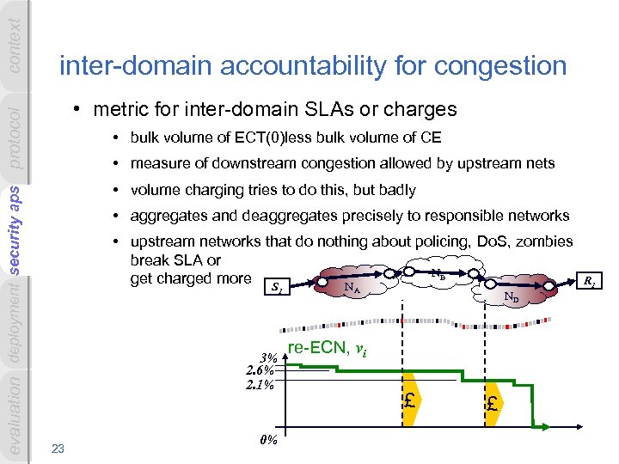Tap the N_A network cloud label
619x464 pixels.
[352, 287]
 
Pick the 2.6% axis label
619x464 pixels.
[261, 371]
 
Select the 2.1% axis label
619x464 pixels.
[261, 384]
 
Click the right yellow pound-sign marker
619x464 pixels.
[492, 403]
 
